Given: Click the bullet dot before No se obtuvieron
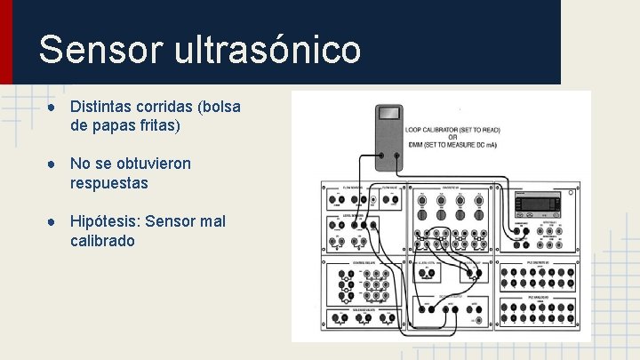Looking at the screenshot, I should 53,164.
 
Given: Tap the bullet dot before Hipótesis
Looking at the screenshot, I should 53,220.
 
